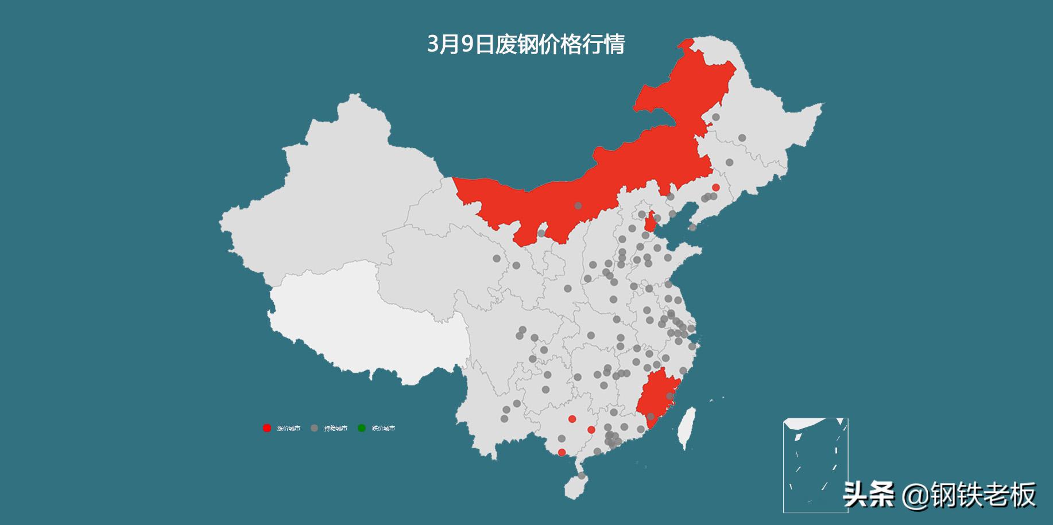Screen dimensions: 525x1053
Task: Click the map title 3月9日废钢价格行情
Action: (525, 44)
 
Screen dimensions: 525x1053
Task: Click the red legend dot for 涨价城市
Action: (267, 428)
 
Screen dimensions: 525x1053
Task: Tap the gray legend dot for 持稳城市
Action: (314, 428)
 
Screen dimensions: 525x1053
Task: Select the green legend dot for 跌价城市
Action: (362, 428)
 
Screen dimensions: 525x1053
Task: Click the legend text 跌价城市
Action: (384, 429)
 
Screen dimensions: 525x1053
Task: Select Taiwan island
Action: (686, 427)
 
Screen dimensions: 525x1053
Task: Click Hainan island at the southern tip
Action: (574, 488)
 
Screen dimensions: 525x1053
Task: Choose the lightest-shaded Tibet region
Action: (367, 321)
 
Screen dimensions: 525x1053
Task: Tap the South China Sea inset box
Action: (815, 465)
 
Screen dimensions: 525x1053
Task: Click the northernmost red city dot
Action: (715, 187)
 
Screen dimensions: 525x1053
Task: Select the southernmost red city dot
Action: (562, 452)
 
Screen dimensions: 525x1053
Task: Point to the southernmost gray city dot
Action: (582, 476)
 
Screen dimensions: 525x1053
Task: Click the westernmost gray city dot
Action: (497, 259)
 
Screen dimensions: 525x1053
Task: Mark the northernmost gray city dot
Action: (716, 117)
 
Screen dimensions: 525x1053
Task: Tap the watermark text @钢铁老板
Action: (970, 495)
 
